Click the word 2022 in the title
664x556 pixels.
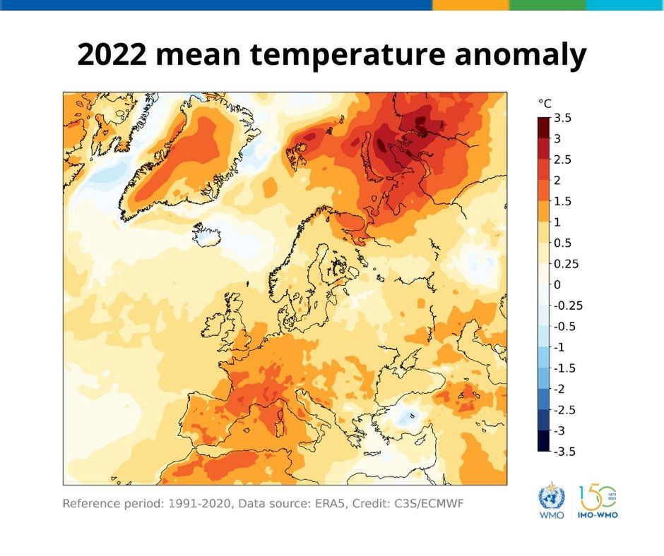[x=111, y=54]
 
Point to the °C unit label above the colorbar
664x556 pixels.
[x=545, y=104]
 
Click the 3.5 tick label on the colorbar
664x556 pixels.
[x=562, y=118]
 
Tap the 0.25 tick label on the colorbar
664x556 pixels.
[x=565, y=264]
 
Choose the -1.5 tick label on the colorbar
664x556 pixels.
[x=564, y=368]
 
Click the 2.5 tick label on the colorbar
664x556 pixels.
[x=562, y=159]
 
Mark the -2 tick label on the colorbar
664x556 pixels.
[x=560, y=389]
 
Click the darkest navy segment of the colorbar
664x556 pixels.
[x=543, y=441]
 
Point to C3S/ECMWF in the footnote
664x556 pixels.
[x=431, y=504]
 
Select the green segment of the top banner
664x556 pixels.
[x=547, y=4]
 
